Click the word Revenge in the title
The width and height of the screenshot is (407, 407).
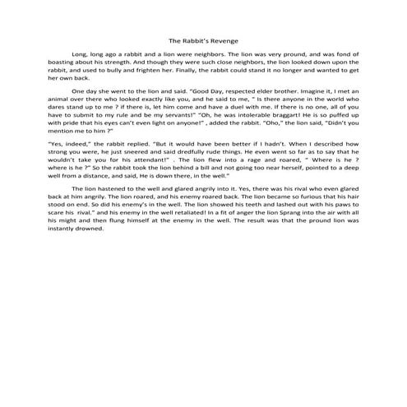pos(224,39)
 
